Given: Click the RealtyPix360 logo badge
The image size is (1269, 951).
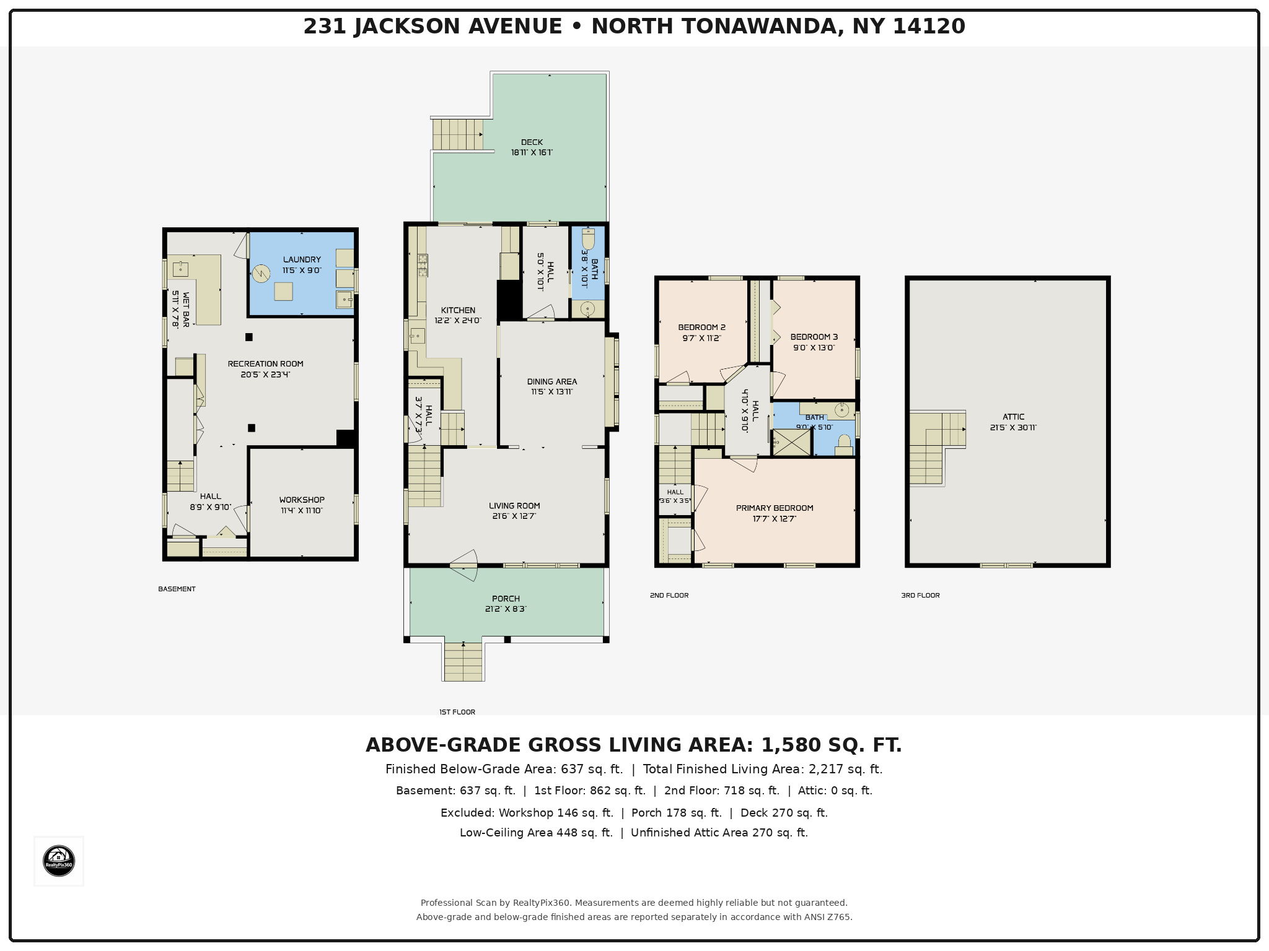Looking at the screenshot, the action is (x=59, y=861).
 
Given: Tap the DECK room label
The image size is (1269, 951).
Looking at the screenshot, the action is (x=532, y=142).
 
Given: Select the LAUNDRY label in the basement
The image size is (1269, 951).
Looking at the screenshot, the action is (x=302, y=259).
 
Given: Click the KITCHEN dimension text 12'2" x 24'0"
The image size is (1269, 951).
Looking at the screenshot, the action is (x=458, y=321).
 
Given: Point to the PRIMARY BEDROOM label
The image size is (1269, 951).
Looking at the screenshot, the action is (x=775, y=508).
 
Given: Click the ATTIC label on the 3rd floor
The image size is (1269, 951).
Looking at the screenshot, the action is (x=1014, y=417).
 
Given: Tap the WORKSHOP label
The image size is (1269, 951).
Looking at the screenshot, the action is (x=302, y=500).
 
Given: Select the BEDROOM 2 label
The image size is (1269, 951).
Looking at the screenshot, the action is (x=701, y=328).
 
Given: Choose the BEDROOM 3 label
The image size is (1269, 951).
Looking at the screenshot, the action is (x=814, y=337).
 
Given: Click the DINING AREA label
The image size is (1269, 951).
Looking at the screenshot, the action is (x=552, y=381).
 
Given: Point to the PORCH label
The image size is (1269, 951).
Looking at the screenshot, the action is (x=506, y=599).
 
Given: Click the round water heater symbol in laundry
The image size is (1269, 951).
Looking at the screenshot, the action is (x=261, y=273).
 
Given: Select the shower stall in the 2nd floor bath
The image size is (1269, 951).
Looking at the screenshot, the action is (x=792, y=442).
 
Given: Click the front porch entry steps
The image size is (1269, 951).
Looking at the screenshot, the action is (x=463, y=661).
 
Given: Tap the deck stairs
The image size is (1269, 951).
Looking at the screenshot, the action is (x=457, y=133).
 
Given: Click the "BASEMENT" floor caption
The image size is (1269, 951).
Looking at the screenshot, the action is (x=177, y=589).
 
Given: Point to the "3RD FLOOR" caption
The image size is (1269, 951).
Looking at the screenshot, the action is (x=920, y=595).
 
